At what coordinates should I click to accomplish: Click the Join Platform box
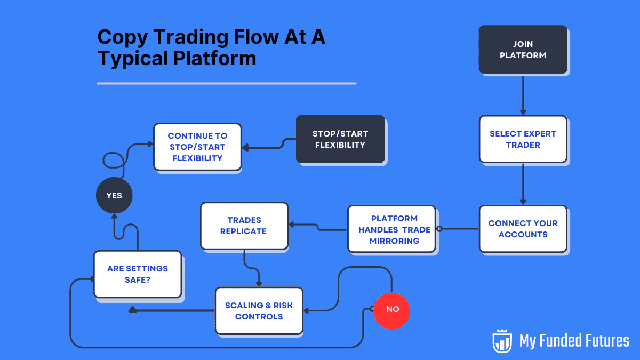click(x=523, y=49)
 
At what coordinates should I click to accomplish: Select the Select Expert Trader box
click(x=523, y=139)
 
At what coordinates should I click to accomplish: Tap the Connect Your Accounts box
click(x=523, y=229)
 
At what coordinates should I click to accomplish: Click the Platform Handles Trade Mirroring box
click(x=394, y=229)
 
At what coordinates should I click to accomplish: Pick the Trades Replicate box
click(x=244, y=226)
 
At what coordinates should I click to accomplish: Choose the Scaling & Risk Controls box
click(x=259, y=311)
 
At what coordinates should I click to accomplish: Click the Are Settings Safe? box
click(x=138, y=274)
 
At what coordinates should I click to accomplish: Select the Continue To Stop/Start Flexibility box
click(x=197, y=147)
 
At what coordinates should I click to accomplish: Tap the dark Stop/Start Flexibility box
click(x=340, y=139)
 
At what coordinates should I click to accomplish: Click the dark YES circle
click(x=114, y=196)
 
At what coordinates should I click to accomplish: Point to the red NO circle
click(x=391, y=309)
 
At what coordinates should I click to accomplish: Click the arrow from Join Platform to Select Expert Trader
click(x=523, y=95)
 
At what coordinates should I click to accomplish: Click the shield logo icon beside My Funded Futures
click(x=502, y=341)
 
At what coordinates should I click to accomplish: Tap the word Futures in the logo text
click(x=603, y=341)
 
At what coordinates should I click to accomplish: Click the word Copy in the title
click(x=124, y=38)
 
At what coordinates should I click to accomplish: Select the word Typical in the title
click(x=131, y=58)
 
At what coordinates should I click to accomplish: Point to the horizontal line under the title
click(x=227, y=83)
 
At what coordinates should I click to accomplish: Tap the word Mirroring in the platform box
click(x=394, y=241)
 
